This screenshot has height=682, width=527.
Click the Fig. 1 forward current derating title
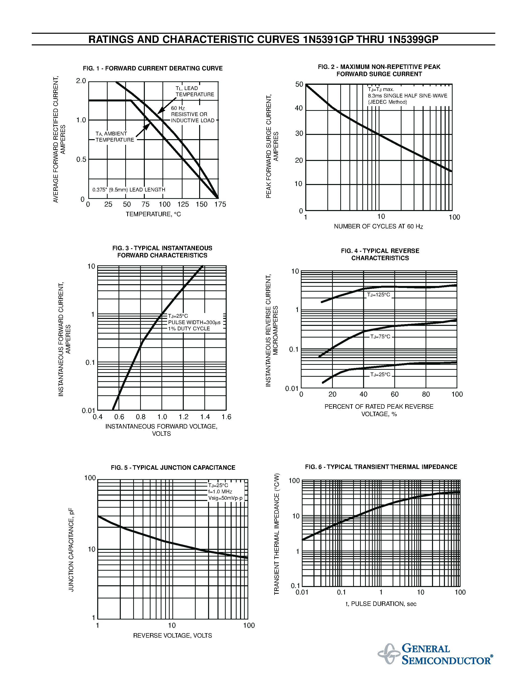point(153,68)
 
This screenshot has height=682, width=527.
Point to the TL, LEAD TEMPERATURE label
point(194,92)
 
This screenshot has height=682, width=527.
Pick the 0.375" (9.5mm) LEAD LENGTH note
point(129,189)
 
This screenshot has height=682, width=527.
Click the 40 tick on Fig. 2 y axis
point(299,108)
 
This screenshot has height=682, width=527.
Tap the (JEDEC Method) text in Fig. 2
point(387,102)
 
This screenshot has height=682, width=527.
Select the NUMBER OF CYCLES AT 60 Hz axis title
point(378,226)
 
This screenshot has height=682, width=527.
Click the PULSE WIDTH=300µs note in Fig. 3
point(194,322)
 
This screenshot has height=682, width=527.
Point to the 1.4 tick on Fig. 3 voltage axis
point(205,417)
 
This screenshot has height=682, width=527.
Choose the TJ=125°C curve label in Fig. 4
point(378,295)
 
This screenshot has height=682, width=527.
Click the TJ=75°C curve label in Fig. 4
point(380,337)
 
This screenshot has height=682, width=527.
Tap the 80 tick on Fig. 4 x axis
point(426,394)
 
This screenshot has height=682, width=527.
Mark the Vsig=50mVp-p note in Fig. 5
point(225,498)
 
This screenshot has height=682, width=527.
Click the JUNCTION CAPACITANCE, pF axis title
point(71,550)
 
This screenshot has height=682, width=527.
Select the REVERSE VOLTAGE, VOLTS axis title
point(172,635)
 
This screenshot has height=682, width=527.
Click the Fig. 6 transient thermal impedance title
point(381,467)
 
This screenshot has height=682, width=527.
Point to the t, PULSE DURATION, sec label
point(381,604)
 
